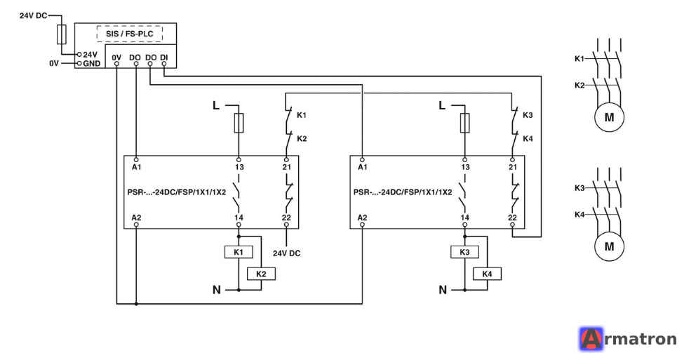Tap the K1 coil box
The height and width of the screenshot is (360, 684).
click(x=239, y=252)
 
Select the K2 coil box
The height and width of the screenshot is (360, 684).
click(x=261, y=274)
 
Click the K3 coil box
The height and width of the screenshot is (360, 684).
click(x=464, y=252)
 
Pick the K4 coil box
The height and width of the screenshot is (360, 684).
click(x=488, y=274)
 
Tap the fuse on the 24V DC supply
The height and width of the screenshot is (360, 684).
click(x=62, y=34)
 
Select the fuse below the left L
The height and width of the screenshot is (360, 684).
click(x=239, y=123)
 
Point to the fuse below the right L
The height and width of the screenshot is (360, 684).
click(x=464, y=123)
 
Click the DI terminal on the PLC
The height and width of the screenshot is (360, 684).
click(x=164, y=64)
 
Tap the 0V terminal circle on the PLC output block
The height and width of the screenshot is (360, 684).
click(x=117, y=64)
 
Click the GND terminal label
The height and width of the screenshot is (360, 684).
click(x=92, y=63)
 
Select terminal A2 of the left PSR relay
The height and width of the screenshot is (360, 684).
click(x=136, y=225)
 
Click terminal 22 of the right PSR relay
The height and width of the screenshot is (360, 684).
click(x=512, y=225)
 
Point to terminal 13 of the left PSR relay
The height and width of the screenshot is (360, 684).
click(x=239, y=160)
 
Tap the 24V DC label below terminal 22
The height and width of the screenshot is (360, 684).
click(x=287, y=253)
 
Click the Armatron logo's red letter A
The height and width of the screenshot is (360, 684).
click(x=591, y=339)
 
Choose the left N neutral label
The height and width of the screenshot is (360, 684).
click(x=217, y=289)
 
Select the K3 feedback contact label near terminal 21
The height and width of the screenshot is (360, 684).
click(x=528, y=115)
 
